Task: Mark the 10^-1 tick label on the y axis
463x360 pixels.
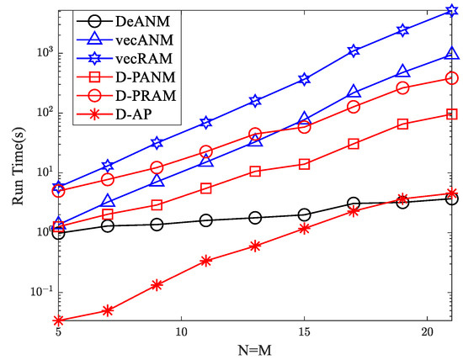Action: tap(41, 292)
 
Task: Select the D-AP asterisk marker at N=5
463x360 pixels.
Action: tap(58, 320)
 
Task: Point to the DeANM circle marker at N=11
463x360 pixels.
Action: tap(205, 220)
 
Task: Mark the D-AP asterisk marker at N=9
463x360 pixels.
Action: tap(157, 285)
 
